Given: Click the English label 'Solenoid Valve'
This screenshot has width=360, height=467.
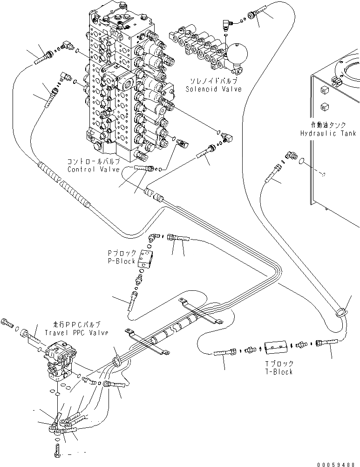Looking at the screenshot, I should [x=214, y=89].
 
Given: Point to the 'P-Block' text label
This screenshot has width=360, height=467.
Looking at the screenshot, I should [x=122, y=261].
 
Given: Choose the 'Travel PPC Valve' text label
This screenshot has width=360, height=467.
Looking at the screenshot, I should [x=76, y=333].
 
